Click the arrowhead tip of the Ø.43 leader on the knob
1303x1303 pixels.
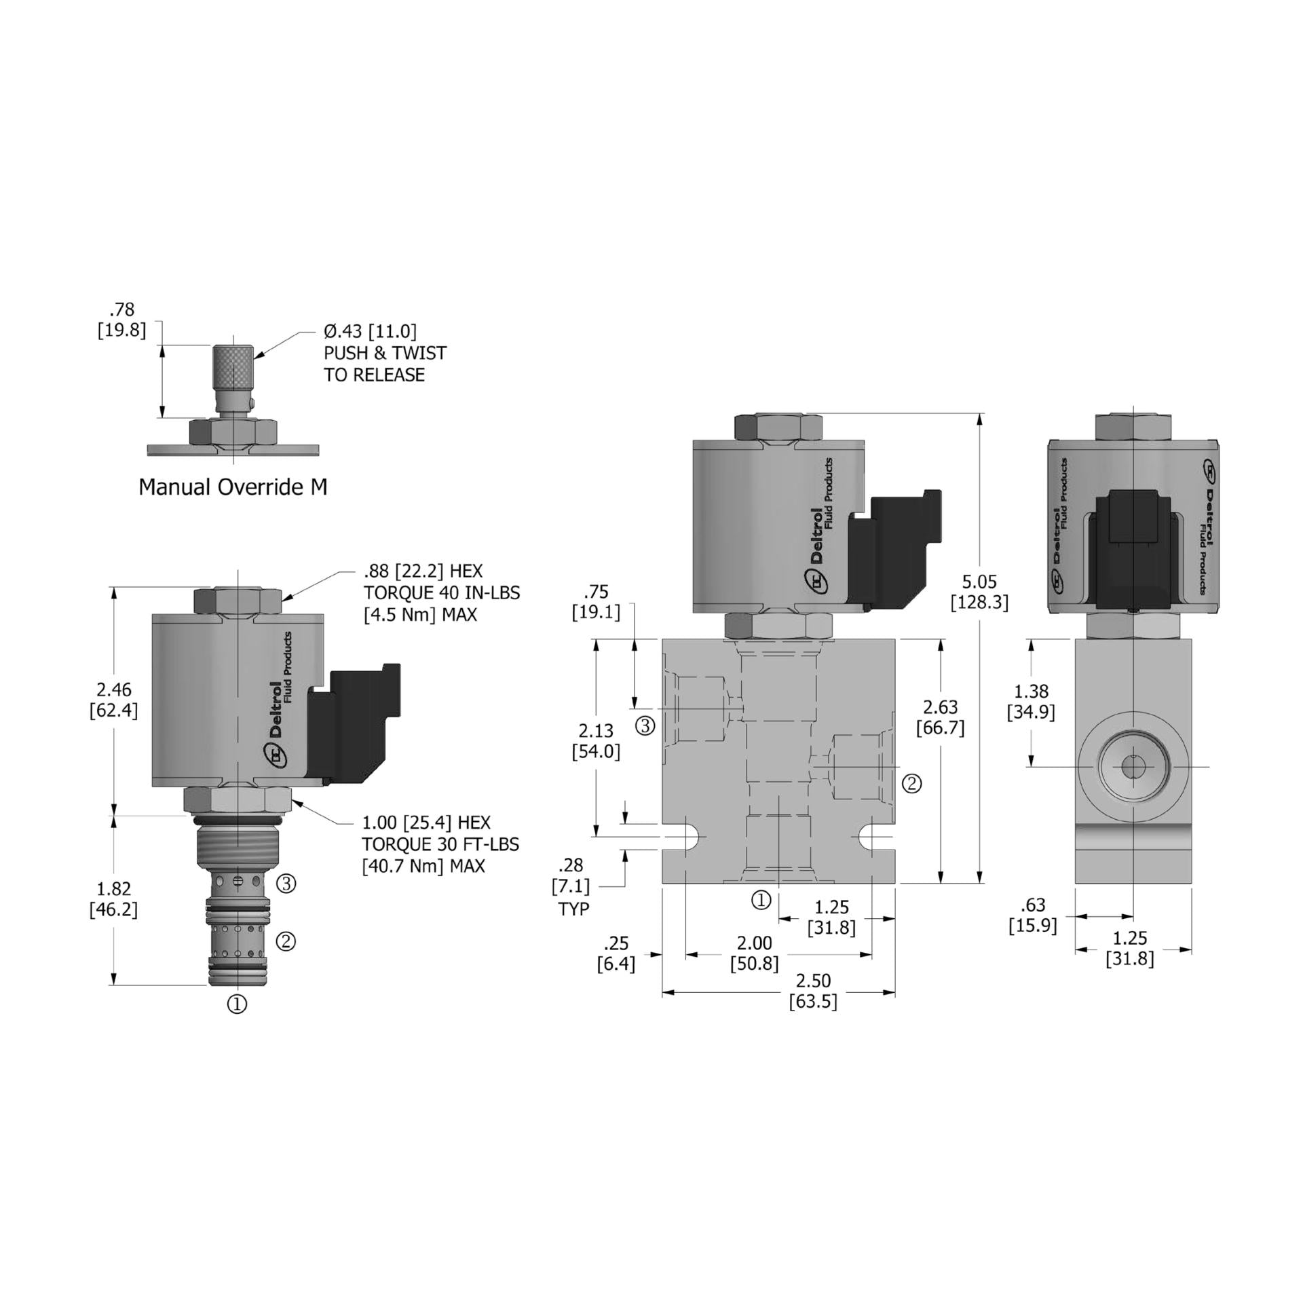(254, 356)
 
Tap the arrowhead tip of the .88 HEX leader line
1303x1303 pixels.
(282, 601)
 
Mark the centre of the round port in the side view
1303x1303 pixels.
(1133, 767)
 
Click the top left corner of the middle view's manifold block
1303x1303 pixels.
(662, 639)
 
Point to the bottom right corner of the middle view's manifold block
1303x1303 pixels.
(894, 883)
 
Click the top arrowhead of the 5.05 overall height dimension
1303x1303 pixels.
(980, 414)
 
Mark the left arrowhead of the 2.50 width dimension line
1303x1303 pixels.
(663, 992)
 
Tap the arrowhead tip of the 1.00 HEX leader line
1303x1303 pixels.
(292, 801)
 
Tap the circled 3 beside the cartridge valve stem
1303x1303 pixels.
(287, 884)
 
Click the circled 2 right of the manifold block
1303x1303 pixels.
(911, 784)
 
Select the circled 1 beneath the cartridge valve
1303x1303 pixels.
(237, 1004)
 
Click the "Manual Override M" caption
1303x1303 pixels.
(233, 487)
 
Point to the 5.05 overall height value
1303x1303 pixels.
(979, 582)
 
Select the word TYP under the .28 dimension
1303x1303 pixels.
(573, 909)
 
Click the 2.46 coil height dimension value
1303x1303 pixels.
(113, 690)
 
